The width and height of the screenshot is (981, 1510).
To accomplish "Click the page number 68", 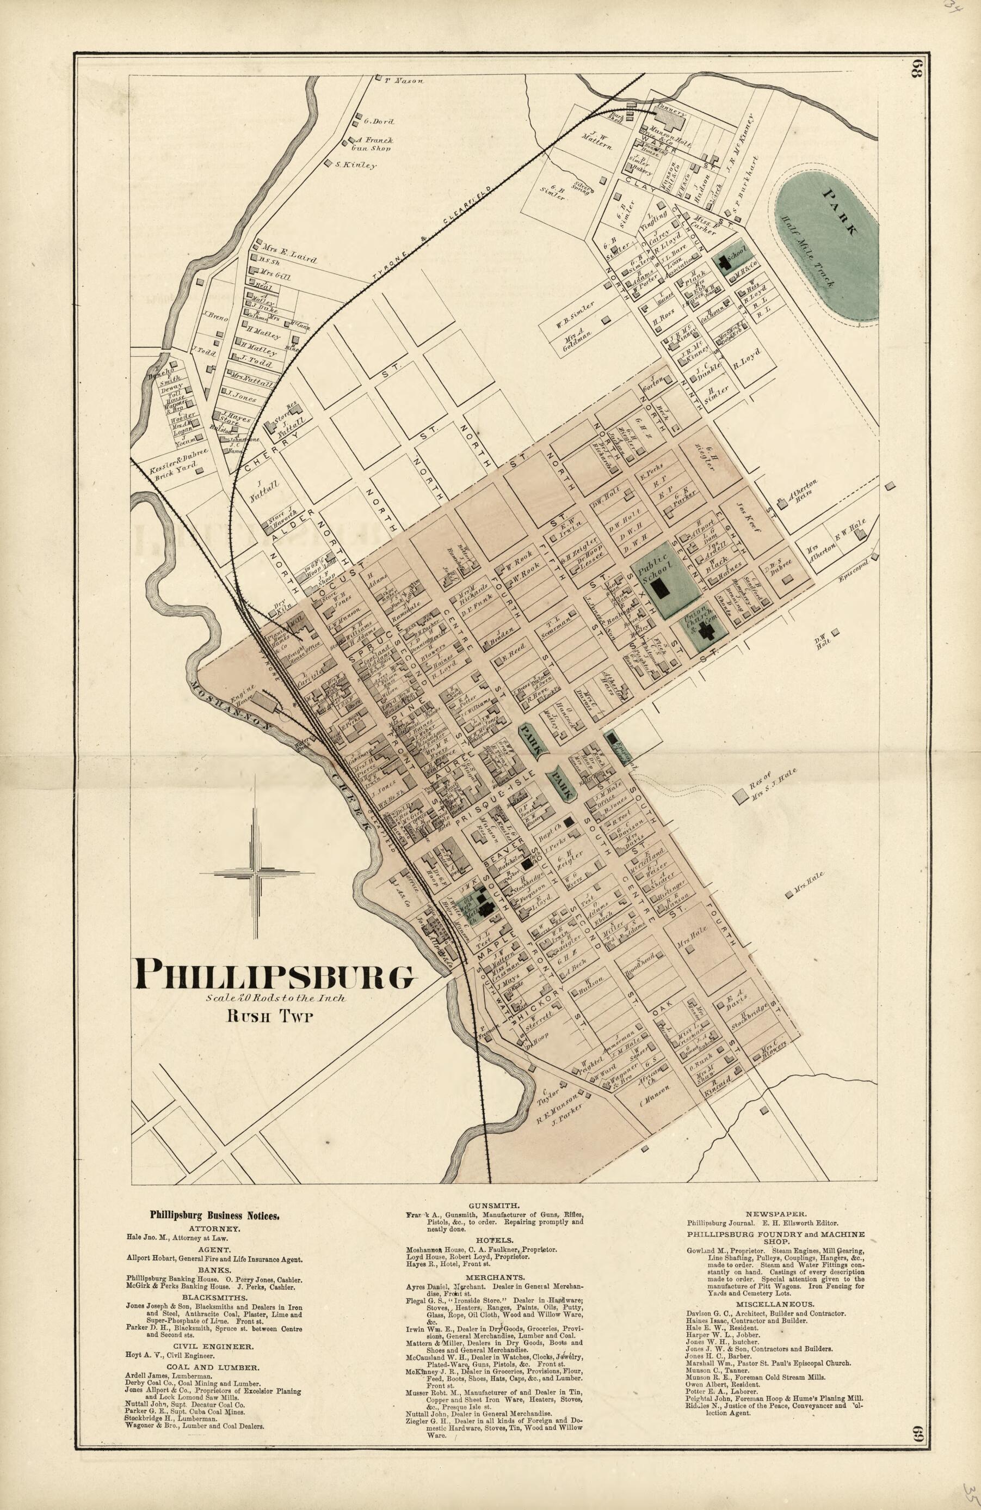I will tap(917, 70).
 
